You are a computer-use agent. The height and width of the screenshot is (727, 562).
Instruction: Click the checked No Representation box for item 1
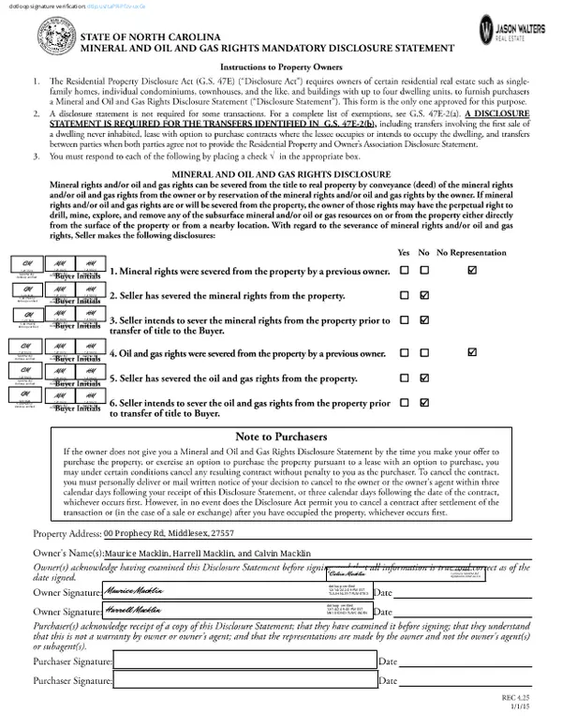[x=472, y=271]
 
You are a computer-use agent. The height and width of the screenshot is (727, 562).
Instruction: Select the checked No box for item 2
[x=426, y=295]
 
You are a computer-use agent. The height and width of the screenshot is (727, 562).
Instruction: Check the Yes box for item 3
[x=405, y=319]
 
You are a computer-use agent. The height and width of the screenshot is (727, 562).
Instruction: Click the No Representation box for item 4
[x=472, y=353]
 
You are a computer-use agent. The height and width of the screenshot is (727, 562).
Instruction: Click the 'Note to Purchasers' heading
[x=281, y=437]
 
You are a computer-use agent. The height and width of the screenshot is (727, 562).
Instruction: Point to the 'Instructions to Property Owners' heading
[x=280, y=68]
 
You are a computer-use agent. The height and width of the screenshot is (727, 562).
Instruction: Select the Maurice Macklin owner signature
[x=137, y=591]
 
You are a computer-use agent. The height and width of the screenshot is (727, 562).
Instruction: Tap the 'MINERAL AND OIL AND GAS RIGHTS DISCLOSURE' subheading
[x=280, y=173]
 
